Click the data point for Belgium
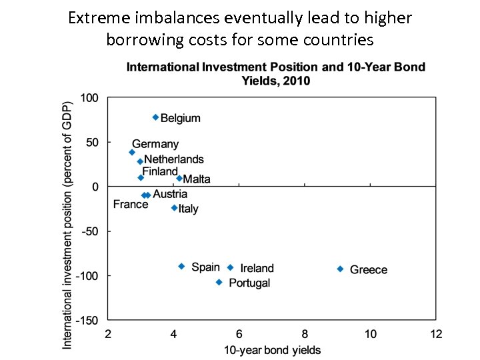(155, 117)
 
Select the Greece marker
(340, 269)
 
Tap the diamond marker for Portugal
(219, 282)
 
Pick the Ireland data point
(230, 267)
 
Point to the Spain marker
(181, 266)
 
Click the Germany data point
(132, 152)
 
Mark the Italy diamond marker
(174, 208)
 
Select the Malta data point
(179, 178)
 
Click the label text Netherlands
(174, 159)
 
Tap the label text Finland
(160, 171)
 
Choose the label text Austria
(170, 194)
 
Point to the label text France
(131, 204)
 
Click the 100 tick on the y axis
(89, 98)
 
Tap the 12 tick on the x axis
(436, 334)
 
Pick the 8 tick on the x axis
(305, 334)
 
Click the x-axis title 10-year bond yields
(272, 350)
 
